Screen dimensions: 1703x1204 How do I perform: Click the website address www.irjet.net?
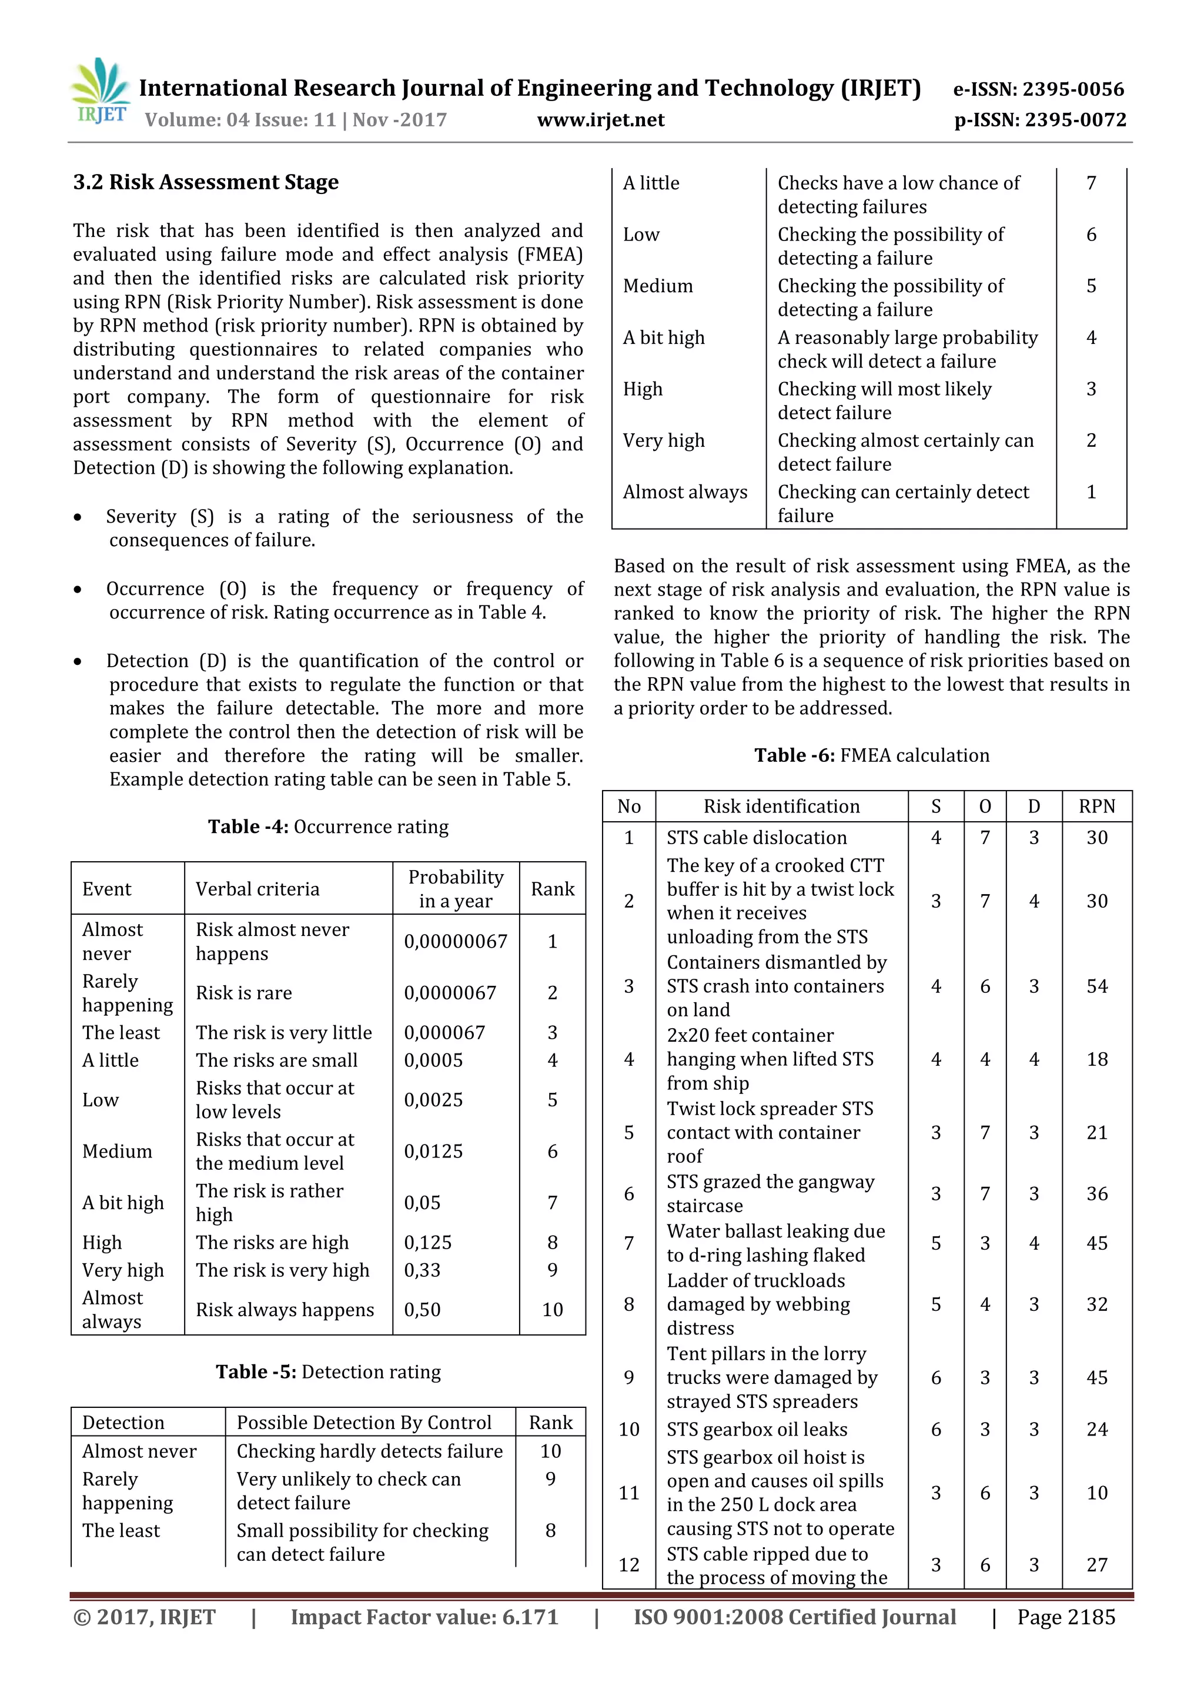coord(600,120)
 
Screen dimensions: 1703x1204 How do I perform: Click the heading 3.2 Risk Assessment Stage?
coord(206,182)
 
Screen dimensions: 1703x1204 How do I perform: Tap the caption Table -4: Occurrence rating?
coord(328,827)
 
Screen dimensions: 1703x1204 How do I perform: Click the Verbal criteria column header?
coord(257,889)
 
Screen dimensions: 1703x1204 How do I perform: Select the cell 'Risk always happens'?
coord(285,1310)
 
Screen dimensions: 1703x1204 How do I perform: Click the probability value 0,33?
coord(422,1270)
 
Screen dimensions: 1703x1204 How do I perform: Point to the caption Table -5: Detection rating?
coord(328,1371)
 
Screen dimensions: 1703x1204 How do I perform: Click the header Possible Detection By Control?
coord(363,1422)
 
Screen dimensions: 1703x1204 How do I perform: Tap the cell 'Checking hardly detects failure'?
coord(369,1451)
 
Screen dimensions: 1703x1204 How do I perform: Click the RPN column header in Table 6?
coord(1096,807)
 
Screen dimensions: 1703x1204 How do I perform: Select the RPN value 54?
coord(1096,986)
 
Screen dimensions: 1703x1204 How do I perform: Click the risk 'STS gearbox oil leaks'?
coord(756,1429)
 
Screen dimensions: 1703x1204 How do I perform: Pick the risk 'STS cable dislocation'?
coord(756,838)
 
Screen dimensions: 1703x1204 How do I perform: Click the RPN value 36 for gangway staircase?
coord(1096,1193)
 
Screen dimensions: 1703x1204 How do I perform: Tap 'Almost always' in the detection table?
coord(685,492)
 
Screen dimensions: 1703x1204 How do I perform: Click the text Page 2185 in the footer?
coord(1065,1617)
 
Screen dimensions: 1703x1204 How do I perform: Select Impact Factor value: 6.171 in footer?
coord(424,1617)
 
